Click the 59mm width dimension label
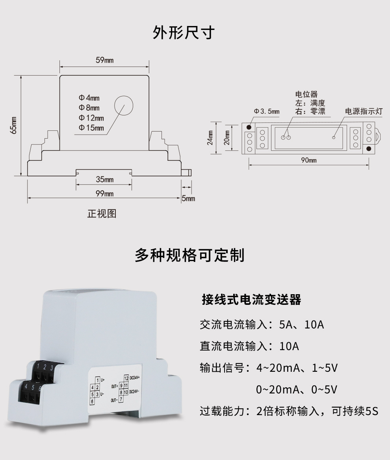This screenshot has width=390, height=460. tap(104, 60)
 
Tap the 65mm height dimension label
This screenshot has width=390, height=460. tap(14, 125)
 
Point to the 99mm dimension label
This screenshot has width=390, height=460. tap(104, 193)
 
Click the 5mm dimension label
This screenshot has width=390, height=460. tap(188, 198)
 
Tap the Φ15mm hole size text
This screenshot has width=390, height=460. tap(91, 128)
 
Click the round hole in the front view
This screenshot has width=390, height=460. tap(124, 105)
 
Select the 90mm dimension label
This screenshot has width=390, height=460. tap(309, 160)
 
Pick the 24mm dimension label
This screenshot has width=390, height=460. tap(210, 138)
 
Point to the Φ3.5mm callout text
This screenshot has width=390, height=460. tap(267, 111)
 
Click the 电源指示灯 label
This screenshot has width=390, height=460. tap(364, 111)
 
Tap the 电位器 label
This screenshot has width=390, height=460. tap(306, 95)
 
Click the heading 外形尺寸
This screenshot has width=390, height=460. tap(184, 33)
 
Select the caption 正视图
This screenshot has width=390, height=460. tap(102, 214)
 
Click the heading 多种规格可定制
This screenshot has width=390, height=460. tap(189, 255)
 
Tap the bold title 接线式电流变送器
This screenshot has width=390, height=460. tap(251, 300)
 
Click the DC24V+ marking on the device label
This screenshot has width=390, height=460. tap(137, 377)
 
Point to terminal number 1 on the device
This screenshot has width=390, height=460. tap(37, 367)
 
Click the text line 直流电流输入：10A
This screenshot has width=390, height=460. tap(249, 347)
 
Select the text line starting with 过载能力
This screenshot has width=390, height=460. tap(289, 412)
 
